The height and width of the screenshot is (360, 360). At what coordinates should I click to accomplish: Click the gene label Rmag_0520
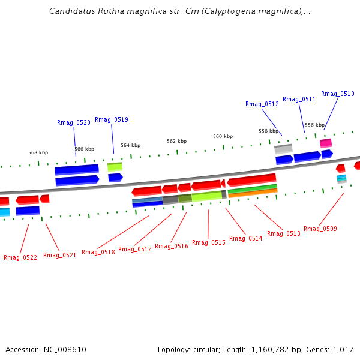click(74, 122)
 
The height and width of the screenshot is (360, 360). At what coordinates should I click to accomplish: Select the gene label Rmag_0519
click(112, 119)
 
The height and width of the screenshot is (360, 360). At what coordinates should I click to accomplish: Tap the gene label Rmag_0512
click(262, 104)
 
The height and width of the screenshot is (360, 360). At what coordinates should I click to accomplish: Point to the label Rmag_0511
click(299, 99)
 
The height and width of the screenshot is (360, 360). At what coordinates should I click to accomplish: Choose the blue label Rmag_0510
click(338, 94)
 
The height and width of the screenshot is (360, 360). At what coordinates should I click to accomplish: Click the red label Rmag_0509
click(320, 229)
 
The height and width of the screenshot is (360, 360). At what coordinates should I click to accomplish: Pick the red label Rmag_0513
click(284, 233)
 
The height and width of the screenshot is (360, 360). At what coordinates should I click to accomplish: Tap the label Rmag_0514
click(246, 238)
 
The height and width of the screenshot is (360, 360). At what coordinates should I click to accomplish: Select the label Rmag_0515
click(209, 242)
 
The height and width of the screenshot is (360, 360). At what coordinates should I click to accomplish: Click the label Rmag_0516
click(172, 246)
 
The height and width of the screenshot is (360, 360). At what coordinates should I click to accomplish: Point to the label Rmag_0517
click(135, 249)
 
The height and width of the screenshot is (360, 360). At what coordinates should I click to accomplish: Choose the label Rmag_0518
click(98, 252)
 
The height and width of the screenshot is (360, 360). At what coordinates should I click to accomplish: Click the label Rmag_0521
click(60, 255)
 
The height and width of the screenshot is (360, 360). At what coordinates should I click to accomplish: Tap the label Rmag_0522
click(20, 257)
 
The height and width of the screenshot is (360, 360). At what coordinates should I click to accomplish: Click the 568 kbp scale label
click(38, 152)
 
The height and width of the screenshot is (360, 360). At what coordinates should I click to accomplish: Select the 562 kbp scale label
click(176, 141)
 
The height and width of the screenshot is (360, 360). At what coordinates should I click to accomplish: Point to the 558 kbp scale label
click(268, 131)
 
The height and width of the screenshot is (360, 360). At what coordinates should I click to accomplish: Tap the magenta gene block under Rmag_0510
click(326, 143)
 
